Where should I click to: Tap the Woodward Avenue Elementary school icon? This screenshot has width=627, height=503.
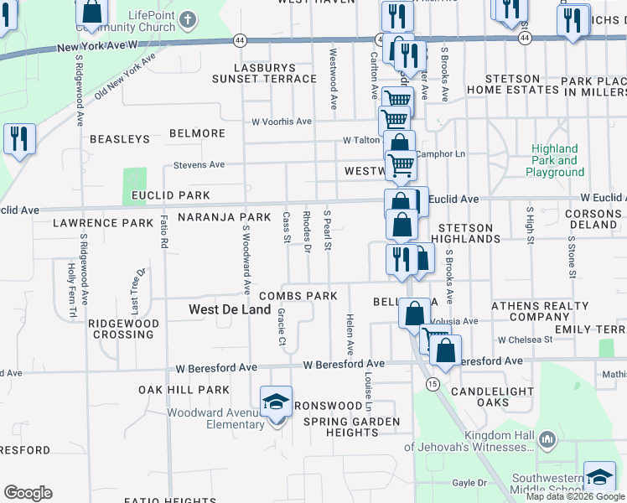tap(276, 402)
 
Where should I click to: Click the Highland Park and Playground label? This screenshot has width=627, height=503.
tap(555, 160)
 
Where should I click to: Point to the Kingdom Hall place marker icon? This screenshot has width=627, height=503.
tap(547, 438)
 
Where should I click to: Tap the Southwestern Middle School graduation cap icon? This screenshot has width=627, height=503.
tap(599, 478)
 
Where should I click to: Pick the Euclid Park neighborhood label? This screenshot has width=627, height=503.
tap(170, 195)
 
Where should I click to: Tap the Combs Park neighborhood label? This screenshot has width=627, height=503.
tap(298, 296)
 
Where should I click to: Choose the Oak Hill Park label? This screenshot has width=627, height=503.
tap(184, 390)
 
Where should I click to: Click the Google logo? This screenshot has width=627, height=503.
tap(28, 493)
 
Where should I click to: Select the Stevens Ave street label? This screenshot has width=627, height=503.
tap(199, 165)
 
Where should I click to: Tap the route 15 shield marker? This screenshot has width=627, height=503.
tap(433, 384)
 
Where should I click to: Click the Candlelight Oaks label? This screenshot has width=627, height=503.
tap(492, 397)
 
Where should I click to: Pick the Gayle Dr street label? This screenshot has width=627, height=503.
tap(469, 483)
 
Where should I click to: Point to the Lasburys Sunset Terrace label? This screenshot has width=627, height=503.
tap(264, 73)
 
